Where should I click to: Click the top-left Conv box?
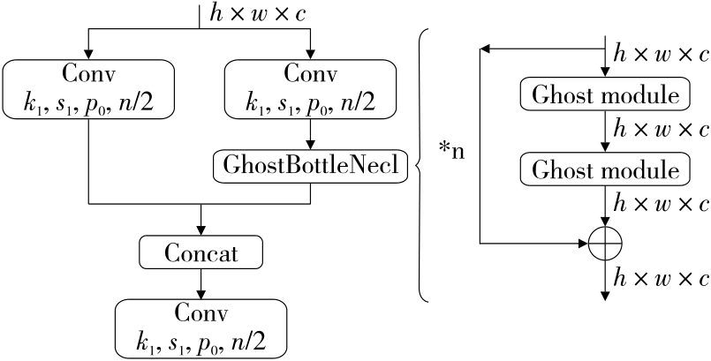(90, 88)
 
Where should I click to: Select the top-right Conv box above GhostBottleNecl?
(311, 88)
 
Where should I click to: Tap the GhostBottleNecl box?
(311, 166)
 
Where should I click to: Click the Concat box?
(202, 253)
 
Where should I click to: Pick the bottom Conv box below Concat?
(202, 327)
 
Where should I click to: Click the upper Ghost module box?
(604, 94)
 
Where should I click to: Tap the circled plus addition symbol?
(605, 242)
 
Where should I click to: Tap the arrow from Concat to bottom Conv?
(202, 283)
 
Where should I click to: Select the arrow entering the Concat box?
(202, 222)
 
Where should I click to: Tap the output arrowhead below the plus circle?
(605, 293)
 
